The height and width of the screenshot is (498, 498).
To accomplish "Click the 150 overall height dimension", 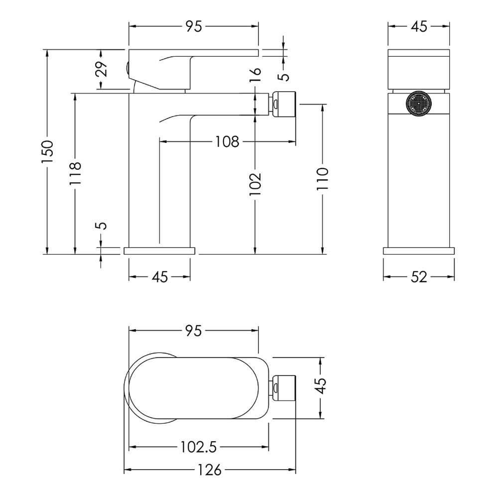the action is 47,151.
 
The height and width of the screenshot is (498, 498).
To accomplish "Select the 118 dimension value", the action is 75,173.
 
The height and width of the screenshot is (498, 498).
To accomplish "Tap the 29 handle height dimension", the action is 102,69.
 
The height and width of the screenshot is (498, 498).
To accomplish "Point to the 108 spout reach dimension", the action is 227,141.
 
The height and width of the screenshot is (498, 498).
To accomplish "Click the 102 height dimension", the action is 254,184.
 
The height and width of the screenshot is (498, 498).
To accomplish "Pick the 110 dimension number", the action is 322,179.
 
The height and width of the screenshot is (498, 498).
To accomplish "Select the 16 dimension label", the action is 255,75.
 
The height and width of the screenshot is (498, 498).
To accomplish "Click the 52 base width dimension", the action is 419,277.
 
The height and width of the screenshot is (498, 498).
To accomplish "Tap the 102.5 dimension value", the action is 199,447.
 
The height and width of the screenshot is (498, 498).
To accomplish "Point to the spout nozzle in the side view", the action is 283,104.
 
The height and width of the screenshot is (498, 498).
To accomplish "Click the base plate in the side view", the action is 159,250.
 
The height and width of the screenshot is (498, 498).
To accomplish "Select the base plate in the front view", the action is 419,250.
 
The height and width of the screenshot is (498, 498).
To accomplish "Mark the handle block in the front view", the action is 419,69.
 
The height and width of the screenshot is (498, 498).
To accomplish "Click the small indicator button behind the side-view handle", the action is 127,68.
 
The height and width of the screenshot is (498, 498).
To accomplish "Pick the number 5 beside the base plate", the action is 102,226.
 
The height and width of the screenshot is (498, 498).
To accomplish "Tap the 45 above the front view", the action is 419,27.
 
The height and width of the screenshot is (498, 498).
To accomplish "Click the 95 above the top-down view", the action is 193,331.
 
